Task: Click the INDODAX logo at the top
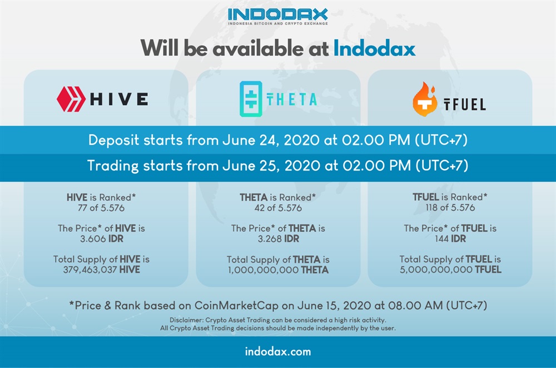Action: [277, 16]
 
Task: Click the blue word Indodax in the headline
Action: [374, 48]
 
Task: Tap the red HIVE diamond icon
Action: [71, 99]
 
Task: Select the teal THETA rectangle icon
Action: [251, 99]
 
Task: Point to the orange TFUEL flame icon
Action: [425, 100]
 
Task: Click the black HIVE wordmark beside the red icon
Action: [119, 99]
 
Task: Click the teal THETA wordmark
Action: [292, 100]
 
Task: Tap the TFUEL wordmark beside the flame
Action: [464, 105]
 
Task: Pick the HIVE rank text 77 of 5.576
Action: [101, 208]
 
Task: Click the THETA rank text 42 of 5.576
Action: [278, 208]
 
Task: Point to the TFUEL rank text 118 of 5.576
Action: [450, 207]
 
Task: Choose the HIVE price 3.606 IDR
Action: [102, 238]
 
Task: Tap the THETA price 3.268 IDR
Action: [279, 238]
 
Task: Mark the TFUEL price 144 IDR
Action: [450, 238]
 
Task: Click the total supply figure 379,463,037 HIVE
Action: [101, 270]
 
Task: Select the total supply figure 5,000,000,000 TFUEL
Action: [450, 270]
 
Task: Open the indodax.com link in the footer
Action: [278, 352]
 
